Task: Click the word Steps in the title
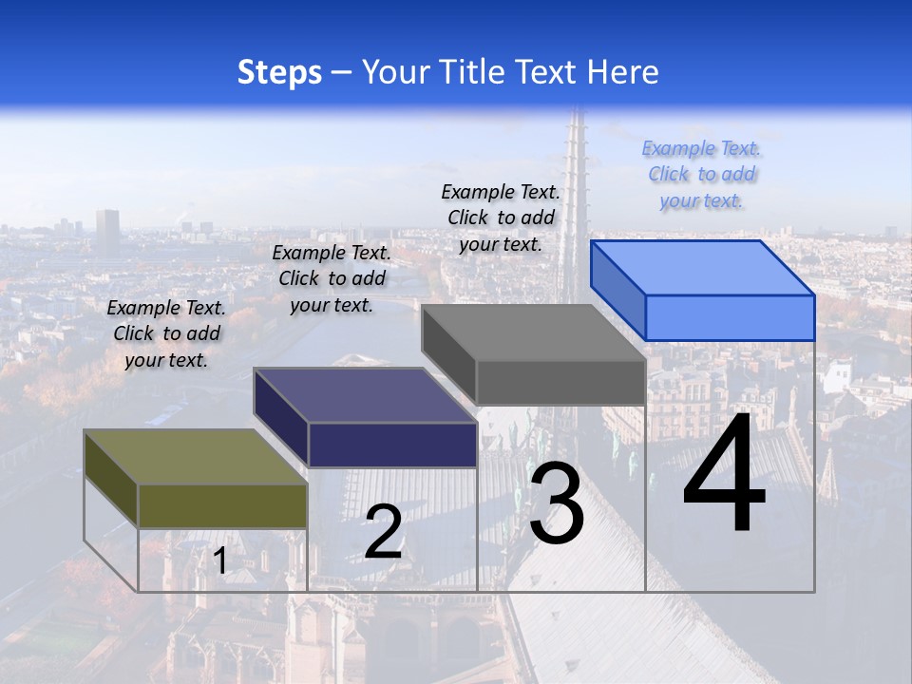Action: (279, 72)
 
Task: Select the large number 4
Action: (724, 475)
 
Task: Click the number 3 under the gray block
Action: (557, 506)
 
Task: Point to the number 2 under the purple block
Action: (383, 532)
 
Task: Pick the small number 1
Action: (220, 560)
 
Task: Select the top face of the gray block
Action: (533, 333)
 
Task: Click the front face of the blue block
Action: (730, 317)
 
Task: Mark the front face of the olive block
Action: (222, 505)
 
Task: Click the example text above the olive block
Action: (166, 333)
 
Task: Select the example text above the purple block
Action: (332, 278)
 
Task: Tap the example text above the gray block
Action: (501, 218)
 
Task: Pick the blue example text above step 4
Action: (701, 174)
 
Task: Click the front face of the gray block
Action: (560, 382)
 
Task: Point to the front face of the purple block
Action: (391, 445)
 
